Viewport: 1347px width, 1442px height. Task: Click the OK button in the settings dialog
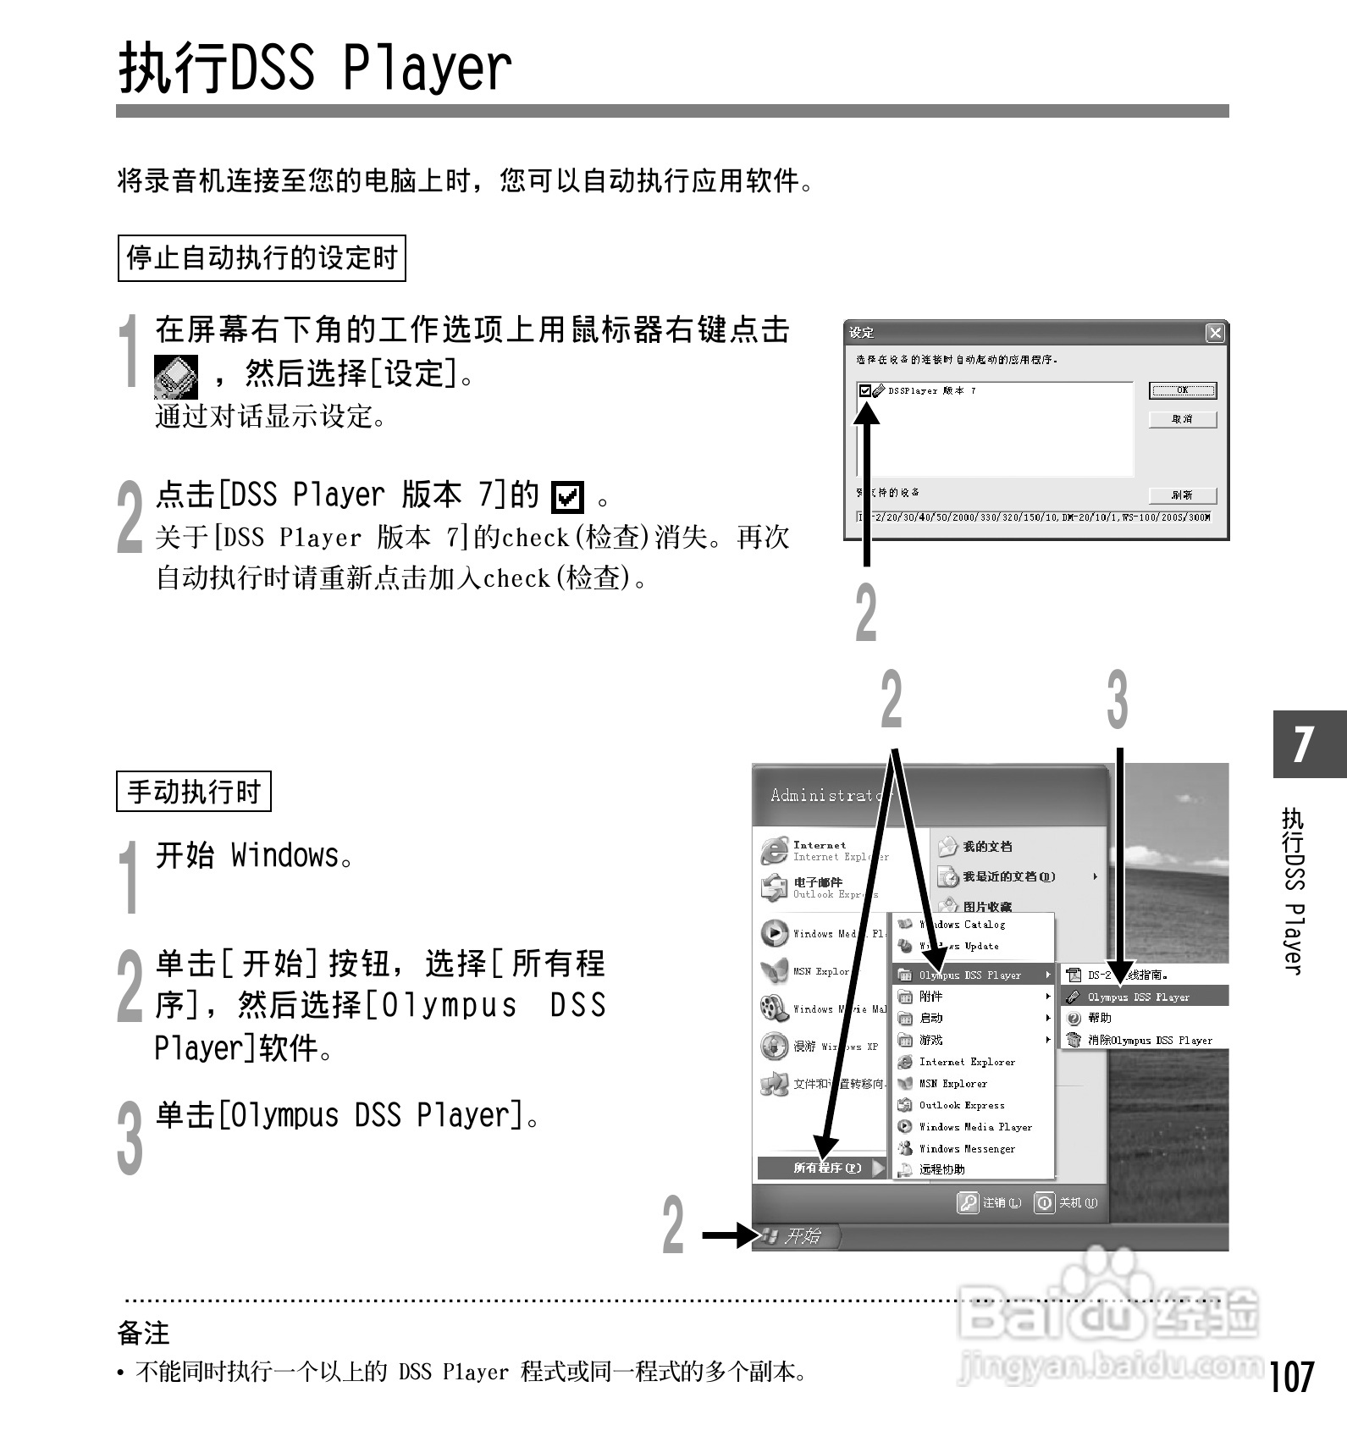click(1182, 390)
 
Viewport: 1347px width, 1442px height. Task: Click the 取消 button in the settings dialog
click(1182, 419)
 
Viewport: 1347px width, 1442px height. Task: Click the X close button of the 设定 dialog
click(1215, 333)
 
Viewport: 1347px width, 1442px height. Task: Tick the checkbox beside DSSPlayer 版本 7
click(864, 390)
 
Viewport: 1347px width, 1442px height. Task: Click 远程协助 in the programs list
click(941, 1169)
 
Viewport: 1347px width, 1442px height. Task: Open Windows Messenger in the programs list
click(966, 1148)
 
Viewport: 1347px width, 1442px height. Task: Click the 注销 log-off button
click(989, 1202)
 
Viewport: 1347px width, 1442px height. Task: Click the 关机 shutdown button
click(1066, 1202)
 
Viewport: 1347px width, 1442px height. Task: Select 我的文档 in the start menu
click(986, 846)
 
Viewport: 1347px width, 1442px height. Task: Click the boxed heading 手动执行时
click(193, 792)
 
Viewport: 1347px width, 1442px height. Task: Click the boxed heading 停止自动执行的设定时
click(261, 258)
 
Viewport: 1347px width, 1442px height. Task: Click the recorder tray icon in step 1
click(176, 377)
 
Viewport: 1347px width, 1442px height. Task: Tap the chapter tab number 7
click(1305, 743)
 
